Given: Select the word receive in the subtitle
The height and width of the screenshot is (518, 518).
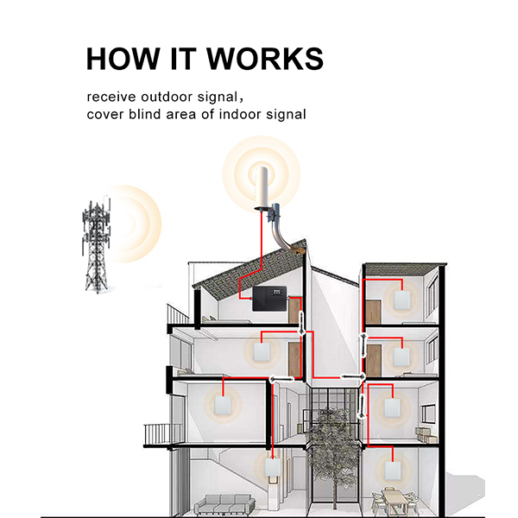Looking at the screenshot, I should (110, 96).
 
